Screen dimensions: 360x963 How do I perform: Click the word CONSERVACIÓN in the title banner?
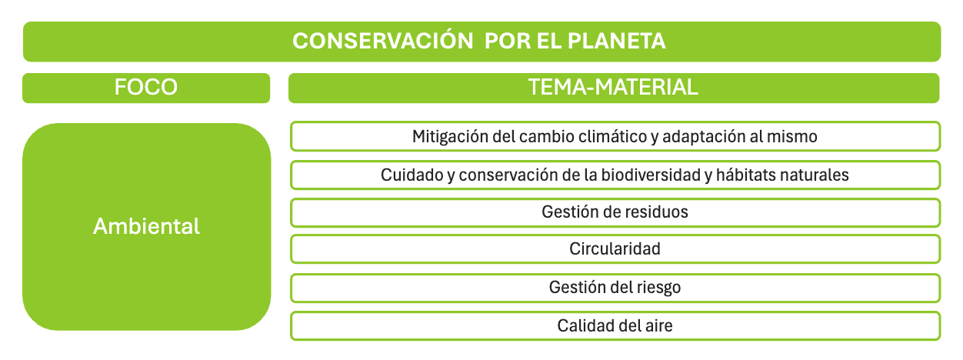(382, 42)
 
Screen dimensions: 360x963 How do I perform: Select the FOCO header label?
(146, 88)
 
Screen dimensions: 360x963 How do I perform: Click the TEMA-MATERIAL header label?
(614, 88)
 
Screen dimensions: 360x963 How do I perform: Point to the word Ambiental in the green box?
(146, 226)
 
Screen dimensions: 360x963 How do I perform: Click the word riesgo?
(659, 288)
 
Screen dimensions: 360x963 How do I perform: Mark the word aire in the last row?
(658, 325)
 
